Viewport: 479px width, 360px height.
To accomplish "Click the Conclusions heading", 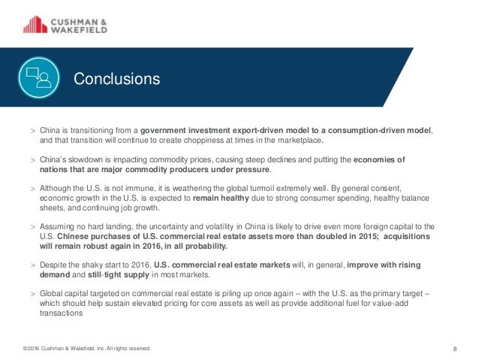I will click(116, 78).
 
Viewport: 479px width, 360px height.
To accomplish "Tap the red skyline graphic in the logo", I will click(33, 25).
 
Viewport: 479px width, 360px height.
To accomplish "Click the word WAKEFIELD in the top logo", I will click(77, 30).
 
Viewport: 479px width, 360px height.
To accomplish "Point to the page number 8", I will click(456, 348).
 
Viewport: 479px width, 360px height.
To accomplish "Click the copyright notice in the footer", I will click(86, 348).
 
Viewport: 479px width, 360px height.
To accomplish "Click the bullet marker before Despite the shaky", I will click(33, 265).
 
